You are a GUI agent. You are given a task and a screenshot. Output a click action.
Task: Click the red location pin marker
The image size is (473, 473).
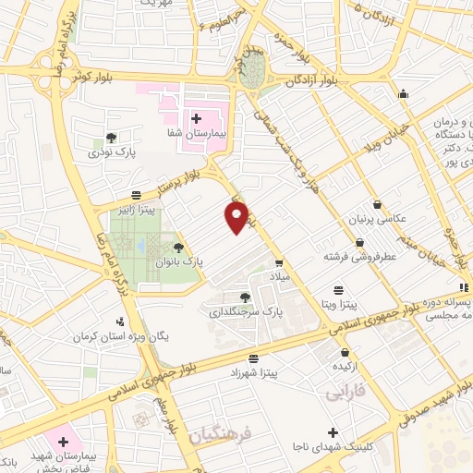click(x=236, y=217)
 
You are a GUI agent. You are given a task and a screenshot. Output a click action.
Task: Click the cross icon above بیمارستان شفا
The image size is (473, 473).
click(x=195, y=118)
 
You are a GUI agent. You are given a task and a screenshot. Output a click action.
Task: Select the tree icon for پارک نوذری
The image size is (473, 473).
click(x=111, y=138)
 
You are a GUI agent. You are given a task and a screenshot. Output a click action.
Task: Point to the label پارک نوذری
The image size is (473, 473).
click(x=110, y=152)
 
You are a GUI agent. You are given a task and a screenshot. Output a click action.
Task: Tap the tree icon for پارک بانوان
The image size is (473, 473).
click(x=178, y=247)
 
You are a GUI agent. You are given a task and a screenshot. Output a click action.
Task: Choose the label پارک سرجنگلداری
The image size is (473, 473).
click(x=244, y=313)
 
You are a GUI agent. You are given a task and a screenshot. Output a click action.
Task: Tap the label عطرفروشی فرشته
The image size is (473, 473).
click(x=359, y=257)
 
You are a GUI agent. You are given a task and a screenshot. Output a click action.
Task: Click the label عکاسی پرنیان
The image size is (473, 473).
click(x=377, y=220)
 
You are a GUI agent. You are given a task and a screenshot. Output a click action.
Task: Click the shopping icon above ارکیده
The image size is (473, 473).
click(x=345, y=352)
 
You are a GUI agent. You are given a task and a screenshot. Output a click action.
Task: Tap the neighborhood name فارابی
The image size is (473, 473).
click(x=346, y=394)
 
